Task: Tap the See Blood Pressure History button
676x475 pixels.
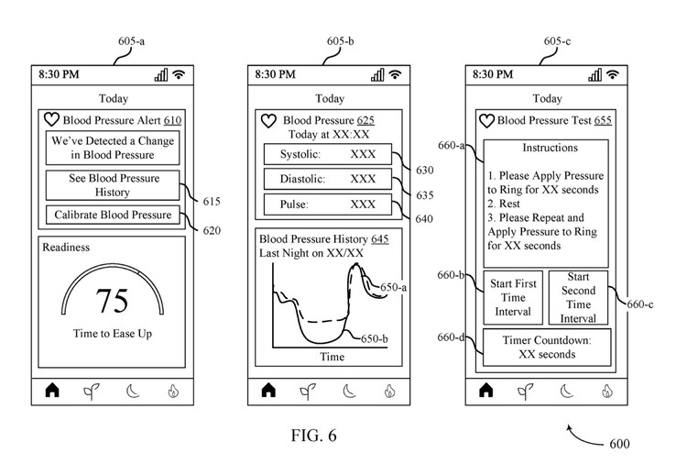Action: (113, 185)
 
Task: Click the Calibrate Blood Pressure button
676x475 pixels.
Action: (113, 215)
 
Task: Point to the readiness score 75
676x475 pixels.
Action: (113, 301)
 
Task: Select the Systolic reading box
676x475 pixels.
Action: (328, 154)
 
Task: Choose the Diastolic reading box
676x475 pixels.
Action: (328, 179)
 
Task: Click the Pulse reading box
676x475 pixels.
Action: (328, 204)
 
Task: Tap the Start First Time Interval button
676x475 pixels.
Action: (513, 297)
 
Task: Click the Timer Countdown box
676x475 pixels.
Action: (547, 347)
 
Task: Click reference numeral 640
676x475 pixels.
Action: (424, 218)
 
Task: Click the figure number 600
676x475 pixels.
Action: (619, 444)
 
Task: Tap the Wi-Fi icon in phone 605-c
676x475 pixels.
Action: (612, 74)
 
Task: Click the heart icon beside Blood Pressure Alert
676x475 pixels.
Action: (52, 120)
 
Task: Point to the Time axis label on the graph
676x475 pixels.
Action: (331, 357)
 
